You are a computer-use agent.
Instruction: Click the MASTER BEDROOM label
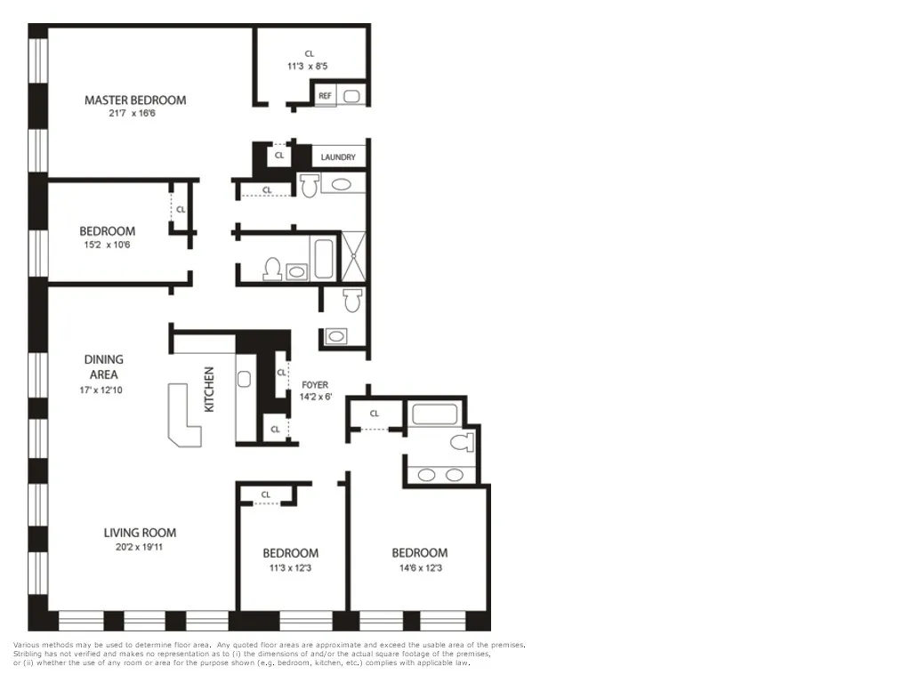coord(135,100)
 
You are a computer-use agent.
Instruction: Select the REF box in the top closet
coord(325,95)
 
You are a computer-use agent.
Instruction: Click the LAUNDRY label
coord(338,157)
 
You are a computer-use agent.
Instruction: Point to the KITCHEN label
coord(210,390)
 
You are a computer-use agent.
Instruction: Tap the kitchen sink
coord(245,379)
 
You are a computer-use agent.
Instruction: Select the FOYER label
coord(315,385)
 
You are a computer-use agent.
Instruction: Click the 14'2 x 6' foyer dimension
coord(316,397)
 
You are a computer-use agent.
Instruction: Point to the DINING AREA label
coord(104,366)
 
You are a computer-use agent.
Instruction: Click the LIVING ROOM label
coord(140,533)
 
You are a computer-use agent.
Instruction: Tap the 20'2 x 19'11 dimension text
coord(140,547)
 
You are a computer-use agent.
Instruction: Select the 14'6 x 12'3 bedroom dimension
coord(419,567)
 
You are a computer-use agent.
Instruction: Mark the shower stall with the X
coord(354,256)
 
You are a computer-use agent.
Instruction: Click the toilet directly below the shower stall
coord(353,301)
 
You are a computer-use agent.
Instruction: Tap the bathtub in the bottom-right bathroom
coord(434,414)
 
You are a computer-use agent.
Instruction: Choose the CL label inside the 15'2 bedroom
coord(181,210)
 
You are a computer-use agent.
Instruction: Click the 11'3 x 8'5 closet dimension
coord(309,66)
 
